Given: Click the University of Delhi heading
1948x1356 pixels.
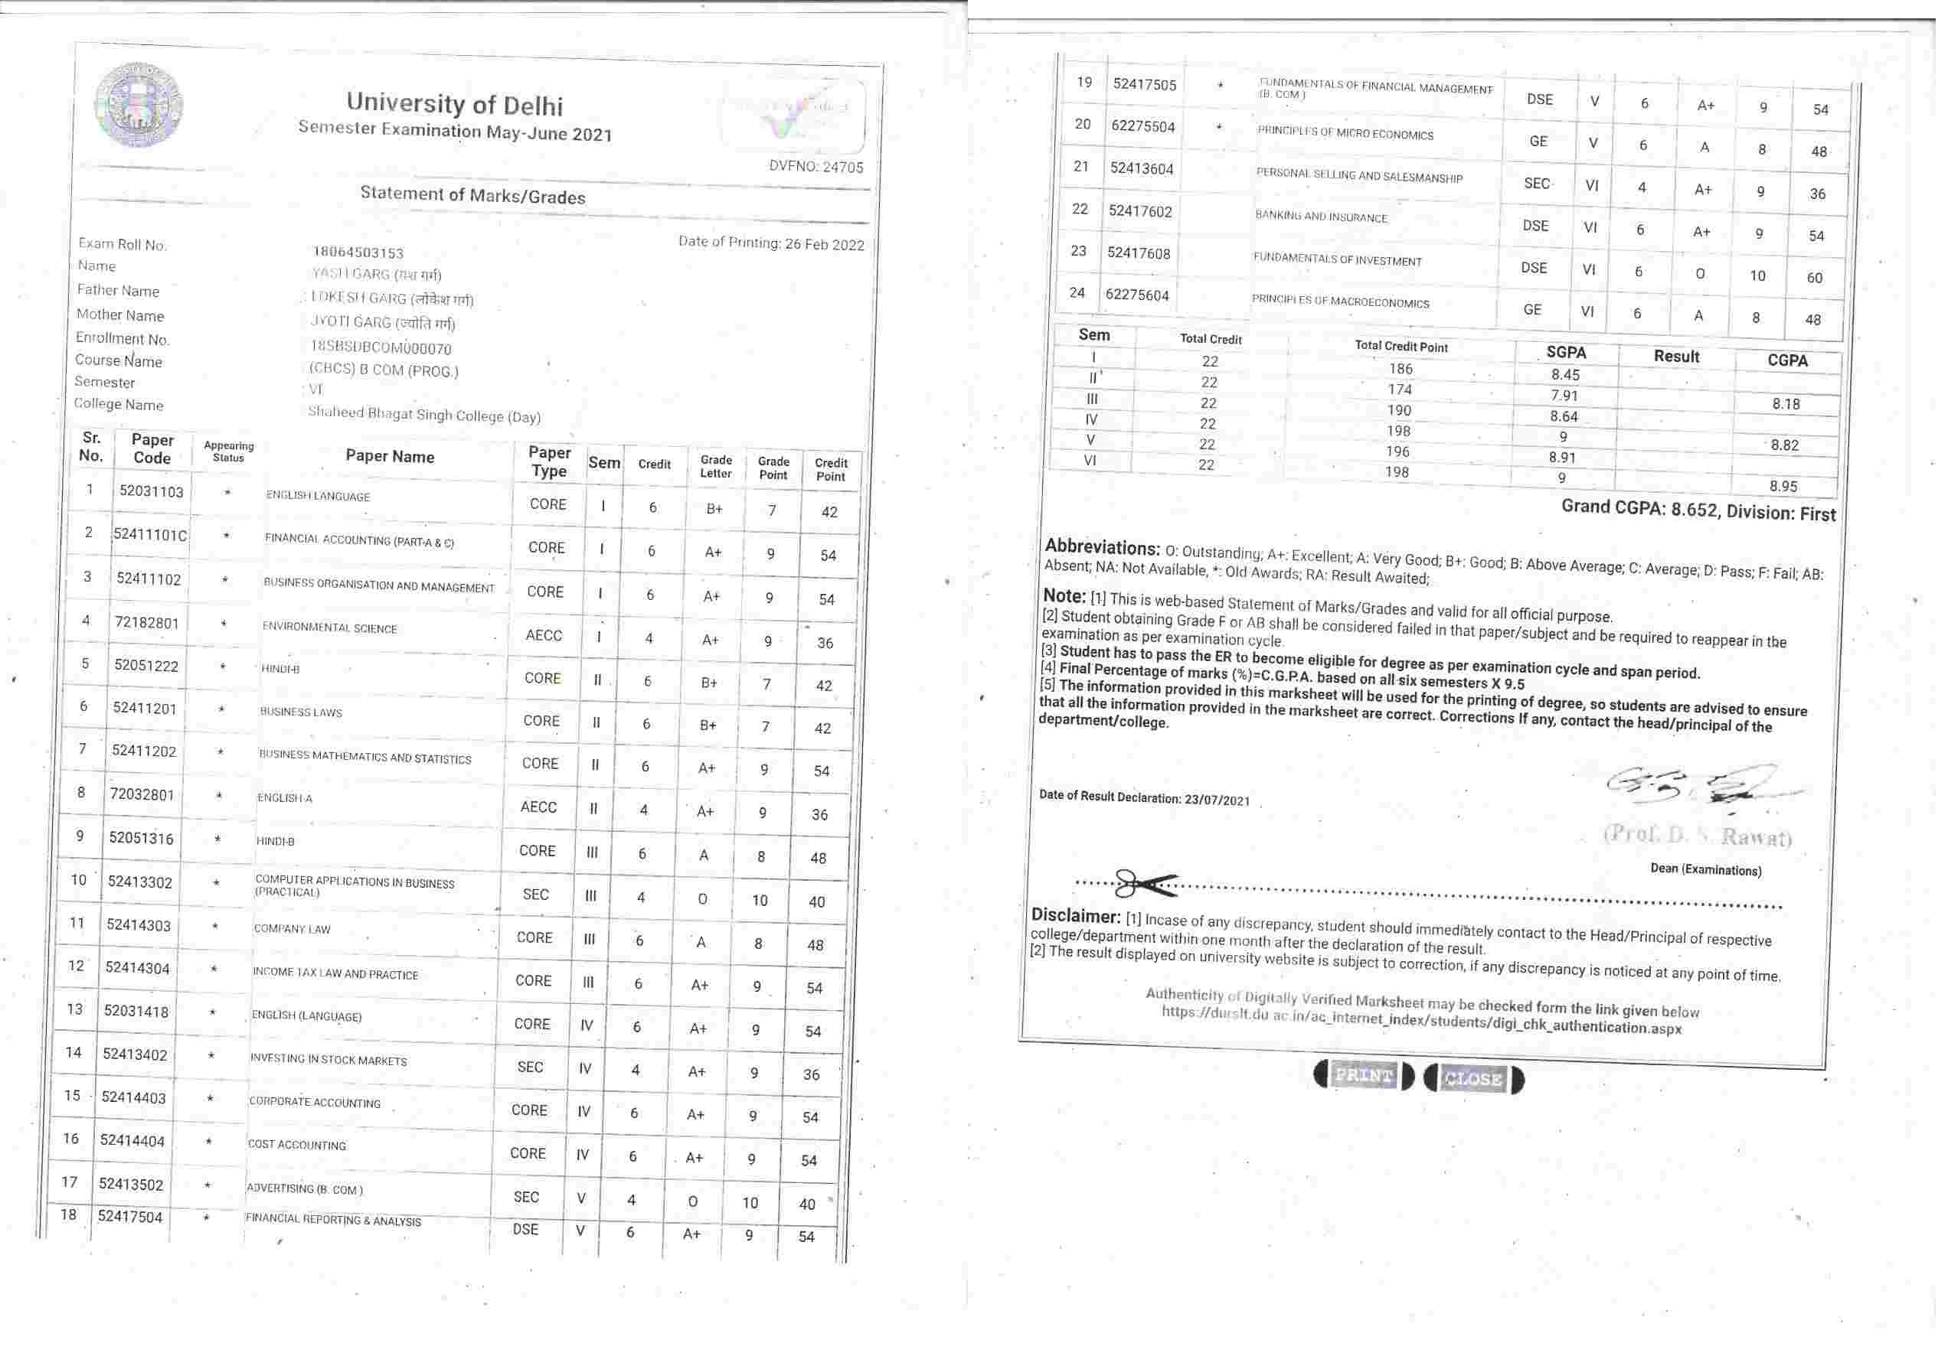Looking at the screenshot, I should (454, 103).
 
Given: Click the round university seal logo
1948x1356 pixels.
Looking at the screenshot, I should (139, 104).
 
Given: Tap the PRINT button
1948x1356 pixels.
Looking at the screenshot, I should (1364, 1075).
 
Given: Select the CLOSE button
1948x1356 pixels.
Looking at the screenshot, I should (1474, 1079).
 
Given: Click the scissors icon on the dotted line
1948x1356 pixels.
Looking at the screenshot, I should (1145, 884).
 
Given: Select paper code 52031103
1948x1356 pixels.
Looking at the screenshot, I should (151, 491).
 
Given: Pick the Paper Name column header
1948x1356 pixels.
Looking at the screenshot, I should (390, 456).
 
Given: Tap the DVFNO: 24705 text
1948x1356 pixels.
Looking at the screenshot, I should (815, 166).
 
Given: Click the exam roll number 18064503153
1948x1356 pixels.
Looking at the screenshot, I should (358, 253).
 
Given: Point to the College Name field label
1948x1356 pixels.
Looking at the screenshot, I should (118, 405).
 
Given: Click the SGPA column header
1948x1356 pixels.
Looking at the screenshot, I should (1565, 353).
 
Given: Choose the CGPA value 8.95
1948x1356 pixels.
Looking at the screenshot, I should (1783, 486).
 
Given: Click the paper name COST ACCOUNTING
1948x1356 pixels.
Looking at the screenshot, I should (297, 1145).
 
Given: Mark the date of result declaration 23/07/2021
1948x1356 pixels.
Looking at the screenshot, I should (1217, 800).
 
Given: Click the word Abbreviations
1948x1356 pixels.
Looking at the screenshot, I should (1101, 547).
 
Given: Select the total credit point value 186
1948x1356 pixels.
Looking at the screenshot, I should (1401, 369).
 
